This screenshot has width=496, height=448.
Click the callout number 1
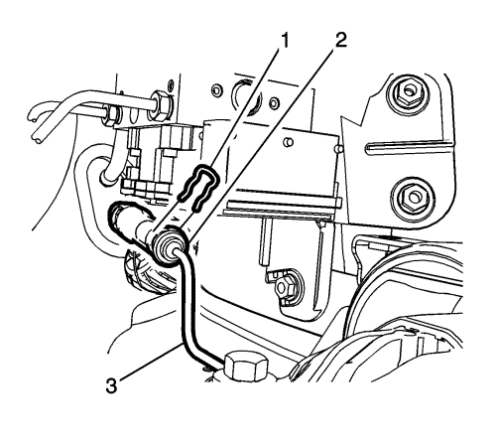coord(284,41)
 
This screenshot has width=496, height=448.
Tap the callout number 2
coord(339,40)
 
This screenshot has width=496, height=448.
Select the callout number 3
coord(111,385)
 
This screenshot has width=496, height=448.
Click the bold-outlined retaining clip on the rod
coord(198,189)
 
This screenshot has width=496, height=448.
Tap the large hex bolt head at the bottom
coord(246,367)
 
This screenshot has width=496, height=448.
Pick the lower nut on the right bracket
coord(414,198)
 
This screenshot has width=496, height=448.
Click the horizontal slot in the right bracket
coord(410,147)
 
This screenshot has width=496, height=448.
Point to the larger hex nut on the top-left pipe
coord(161,105)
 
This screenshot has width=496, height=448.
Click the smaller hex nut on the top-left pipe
coord(112,113)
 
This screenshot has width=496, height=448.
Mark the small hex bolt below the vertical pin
coord(286,284)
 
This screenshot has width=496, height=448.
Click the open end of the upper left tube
coord(32,116)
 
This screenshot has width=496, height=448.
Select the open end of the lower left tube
coord(36,137)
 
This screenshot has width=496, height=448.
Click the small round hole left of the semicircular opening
coord(216,89)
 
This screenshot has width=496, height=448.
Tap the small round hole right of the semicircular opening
coord(274,103)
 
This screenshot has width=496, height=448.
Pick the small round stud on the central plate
coord(289,142)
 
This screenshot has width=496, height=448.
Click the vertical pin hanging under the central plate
coord(265,241)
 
